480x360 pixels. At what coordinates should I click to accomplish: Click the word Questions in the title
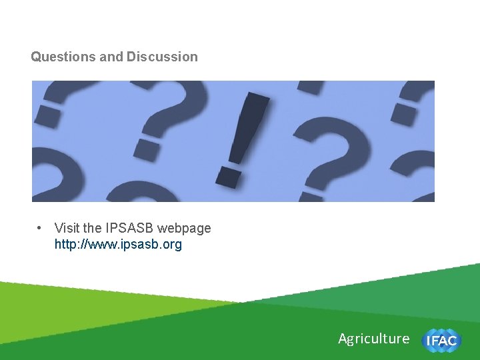coord(63,57)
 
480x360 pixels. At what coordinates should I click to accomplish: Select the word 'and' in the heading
coord(111,57)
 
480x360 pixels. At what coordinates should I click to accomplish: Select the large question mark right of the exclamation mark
coord(331,143)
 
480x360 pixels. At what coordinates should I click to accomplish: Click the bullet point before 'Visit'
coord(40,228)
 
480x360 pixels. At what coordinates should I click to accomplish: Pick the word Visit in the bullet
coord(67,228)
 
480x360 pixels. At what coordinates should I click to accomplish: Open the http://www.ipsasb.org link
coord(118,245)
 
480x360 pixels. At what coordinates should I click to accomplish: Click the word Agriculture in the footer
coord(373,339)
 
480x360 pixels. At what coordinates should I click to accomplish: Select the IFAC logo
coord(441,340)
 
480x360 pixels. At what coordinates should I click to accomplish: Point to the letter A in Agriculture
coord(343,339)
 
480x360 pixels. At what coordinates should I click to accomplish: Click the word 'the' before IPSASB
coord(93,228)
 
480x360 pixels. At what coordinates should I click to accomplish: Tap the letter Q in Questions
coord(35,57)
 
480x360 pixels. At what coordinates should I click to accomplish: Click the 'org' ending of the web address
coord(172,245)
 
